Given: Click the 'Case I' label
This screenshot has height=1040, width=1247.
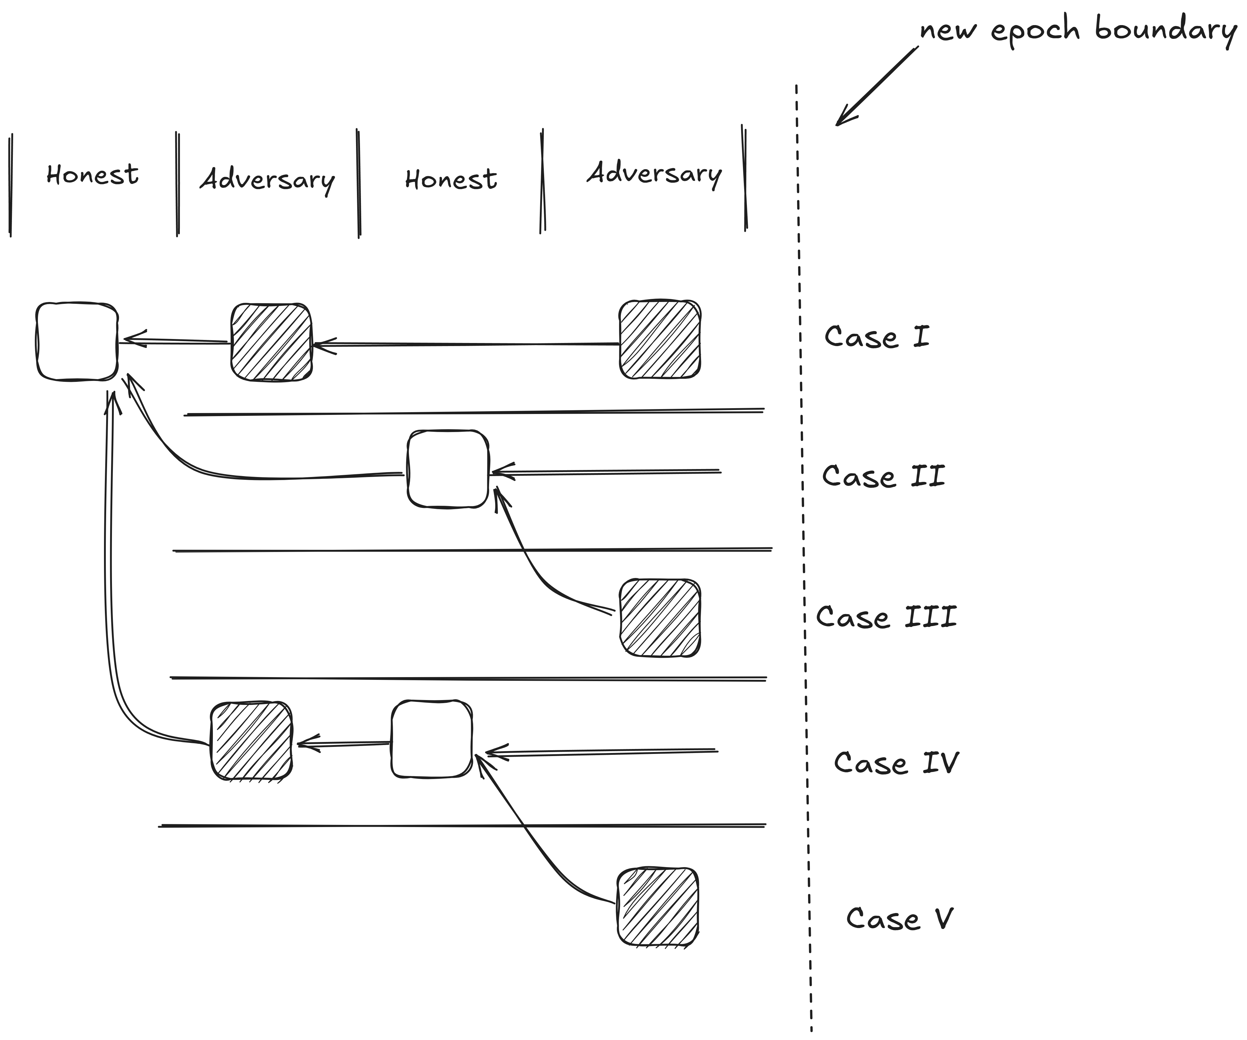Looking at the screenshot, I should [x=877, y=337].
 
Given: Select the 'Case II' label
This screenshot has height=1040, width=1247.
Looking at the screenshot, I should [x=883, y=476].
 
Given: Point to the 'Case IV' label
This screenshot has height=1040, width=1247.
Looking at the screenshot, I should [x=896, y=762].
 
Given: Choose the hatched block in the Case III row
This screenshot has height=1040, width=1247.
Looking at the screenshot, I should [x=660, y=618].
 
